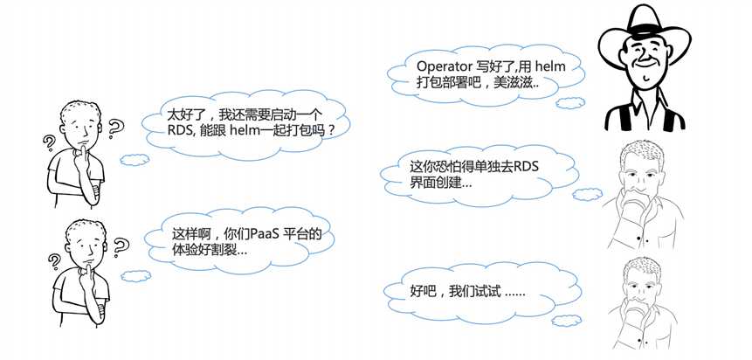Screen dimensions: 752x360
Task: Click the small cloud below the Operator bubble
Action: (570, 103)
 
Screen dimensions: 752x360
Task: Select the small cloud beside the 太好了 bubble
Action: (135, 159)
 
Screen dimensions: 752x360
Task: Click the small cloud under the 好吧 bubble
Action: (566, 321)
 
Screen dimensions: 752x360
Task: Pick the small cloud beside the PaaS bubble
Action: (135, 276)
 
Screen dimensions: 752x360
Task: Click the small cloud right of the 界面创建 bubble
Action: (588, 194)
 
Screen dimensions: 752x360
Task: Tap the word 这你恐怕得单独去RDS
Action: (474, 167)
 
